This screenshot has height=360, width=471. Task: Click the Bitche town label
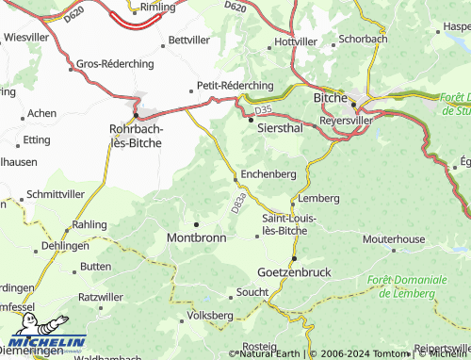point(331,96)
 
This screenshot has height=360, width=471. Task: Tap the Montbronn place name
point(196,238)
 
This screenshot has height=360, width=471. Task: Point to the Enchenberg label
point(269,174)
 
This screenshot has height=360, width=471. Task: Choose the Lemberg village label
point(317,199)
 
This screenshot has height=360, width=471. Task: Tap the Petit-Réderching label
point(235,85)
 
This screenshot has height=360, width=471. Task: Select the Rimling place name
point(157,8)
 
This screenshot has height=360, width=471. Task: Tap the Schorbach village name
point(363,40)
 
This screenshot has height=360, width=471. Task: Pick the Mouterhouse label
point(393,239)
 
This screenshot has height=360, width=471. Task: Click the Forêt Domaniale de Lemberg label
point(408,286)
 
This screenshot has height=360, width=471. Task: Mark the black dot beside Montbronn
point(196,223)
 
